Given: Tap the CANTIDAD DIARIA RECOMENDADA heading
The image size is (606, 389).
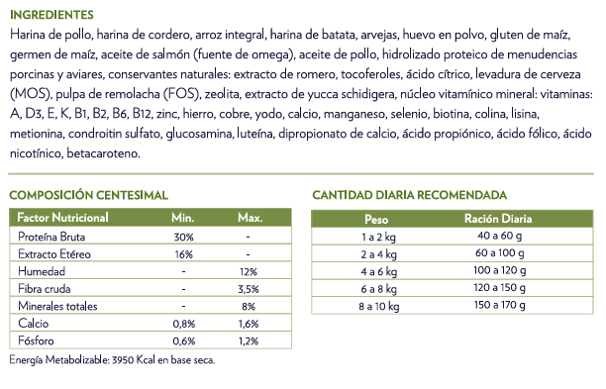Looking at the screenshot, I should pyautogui.click(x=410, y=195).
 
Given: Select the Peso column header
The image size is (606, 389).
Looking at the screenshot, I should pyautogui.click(x=376, y=218).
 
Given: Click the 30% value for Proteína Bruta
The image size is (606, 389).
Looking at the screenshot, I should pyautogui.click(x=183, y=237).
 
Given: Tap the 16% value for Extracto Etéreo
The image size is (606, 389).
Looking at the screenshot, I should pyautogui.click(x=183, y=253).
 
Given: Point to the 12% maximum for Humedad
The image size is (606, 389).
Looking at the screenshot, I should pyautogui.click(x=249, y=271).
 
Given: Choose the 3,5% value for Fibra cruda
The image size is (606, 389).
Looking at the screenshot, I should pyautogui.click(x=249, y=288).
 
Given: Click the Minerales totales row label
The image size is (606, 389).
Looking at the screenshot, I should pyautogui.click(x=58, y=306).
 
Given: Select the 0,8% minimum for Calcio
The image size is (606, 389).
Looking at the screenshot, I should pyautogui.click(x=183, y=324).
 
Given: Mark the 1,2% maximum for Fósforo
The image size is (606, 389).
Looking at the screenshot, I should pyautogui.click(x=249, y=340).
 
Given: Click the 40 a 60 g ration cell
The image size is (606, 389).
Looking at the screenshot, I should pyautogui.click(x=499, y=236).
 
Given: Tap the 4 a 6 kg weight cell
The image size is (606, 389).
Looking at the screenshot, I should pyautogui.click(x=376, y=270).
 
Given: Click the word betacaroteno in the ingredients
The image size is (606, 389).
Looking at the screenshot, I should pyautogui.click(x=104, y=154).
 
